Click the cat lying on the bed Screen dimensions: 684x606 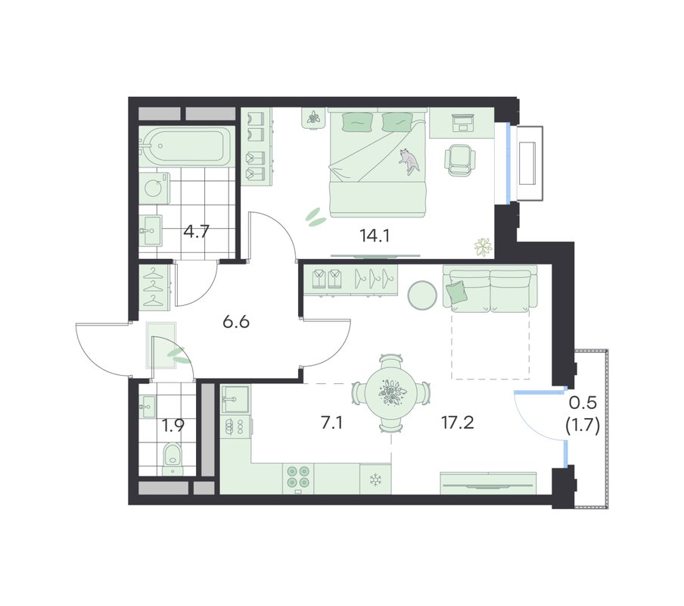pyautogui.click(x=409, y=161)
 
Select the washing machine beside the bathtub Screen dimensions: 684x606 pyautogui.click(x=154, y=188)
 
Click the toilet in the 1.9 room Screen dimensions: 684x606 pyautogui.click(x=173, y=458)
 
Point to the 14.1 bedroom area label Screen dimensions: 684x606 pyautogui.click(x=375, y=236)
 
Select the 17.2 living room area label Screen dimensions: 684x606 pyautogui.click(x=457, y=423)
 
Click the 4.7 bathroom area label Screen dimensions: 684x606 pyautogui.click(x=196, y=231)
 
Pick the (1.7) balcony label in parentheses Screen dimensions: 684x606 pyautogui.click(x=583, y=425)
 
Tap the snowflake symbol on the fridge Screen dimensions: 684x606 pyautogui.click(x=375, y=479)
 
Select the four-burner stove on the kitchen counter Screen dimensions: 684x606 pyautogui.click(x=298, y=476)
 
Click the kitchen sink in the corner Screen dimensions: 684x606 pyautogui.click(x=235, y=399)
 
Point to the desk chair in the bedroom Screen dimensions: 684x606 pyautogui.click(x=460, y=161)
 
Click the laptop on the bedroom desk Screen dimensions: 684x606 pyautogui.click(x=462, y=122)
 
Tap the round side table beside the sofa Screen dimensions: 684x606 pyautogui.click(x=422, y=295)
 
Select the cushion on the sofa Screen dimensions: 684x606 pyautogui.click(x=455, y=290)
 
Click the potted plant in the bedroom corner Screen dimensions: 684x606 pyautogui.click(x=483, y=248)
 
